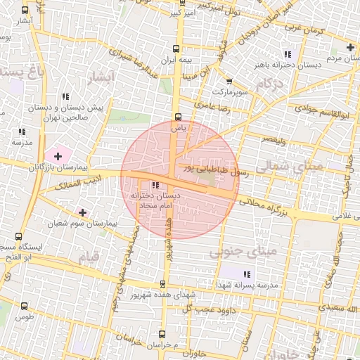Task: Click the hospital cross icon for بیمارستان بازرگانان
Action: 58,154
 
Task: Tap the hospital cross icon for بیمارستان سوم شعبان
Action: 83,212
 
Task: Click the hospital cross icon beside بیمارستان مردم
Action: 350,47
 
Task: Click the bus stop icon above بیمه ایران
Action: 176,49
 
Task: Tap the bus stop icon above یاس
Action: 177,117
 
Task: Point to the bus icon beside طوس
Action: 25,306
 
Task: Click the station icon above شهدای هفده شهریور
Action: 163,284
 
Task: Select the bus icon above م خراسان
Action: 162,334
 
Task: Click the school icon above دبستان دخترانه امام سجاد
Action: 155,184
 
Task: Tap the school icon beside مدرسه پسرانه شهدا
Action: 246,274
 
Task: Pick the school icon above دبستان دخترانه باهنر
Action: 287,54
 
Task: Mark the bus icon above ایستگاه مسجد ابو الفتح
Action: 18,237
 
